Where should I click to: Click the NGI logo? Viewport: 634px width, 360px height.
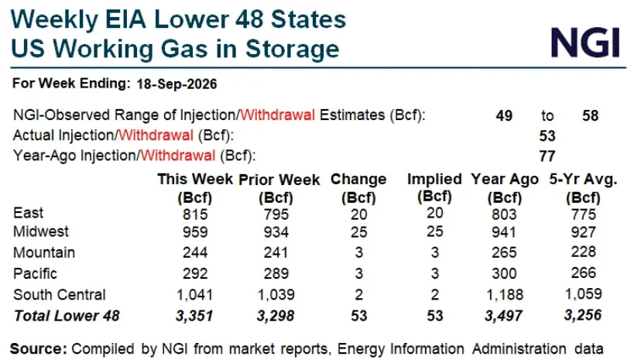[585, 42]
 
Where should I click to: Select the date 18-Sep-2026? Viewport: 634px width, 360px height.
[176, 84]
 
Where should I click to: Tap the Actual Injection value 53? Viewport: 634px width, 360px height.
[547, 136]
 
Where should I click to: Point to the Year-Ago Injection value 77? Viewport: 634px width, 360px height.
[547, 156]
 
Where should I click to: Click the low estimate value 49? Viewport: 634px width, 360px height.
[504, 115]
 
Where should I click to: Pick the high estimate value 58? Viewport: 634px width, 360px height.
[591, 115]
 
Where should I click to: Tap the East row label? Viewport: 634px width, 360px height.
[28, 213]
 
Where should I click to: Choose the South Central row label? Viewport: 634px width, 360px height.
[60, 294]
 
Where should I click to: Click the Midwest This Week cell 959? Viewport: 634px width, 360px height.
[195, 231]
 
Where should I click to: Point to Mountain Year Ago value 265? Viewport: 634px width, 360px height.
[504, 252]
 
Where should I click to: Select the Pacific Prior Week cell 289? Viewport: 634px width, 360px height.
[276, 273]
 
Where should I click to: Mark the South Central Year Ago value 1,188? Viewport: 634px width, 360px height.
[504, 295]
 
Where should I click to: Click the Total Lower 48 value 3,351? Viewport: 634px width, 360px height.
[194, 316]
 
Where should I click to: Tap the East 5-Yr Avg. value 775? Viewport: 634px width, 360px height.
[584, 214]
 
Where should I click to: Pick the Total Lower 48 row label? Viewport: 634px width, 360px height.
[67, 316]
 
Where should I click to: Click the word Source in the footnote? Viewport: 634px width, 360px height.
[39, 348]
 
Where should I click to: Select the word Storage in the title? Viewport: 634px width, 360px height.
[293, 50]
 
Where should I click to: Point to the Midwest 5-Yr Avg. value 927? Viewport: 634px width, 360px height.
[584, 231]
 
